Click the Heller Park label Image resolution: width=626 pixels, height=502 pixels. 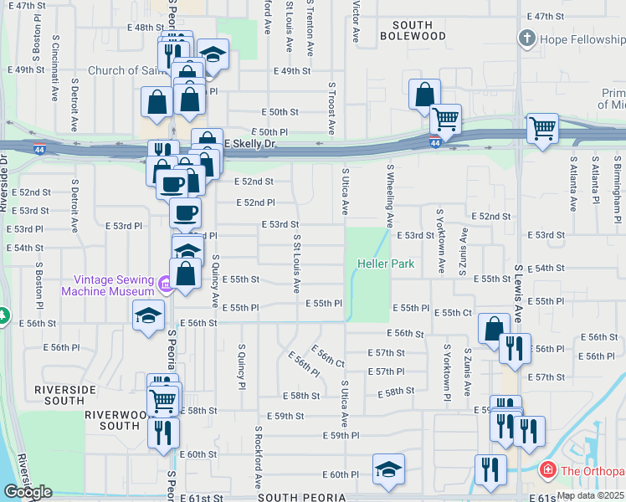pos(386,264)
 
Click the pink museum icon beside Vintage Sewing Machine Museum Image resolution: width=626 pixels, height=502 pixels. pos(165,285)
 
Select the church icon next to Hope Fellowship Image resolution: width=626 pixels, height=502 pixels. pos(526,38)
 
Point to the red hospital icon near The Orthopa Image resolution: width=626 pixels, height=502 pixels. pos(548,470)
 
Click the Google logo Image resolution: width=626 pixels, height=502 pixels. pos(28,492)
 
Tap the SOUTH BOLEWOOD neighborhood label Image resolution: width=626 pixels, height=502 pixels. pos(413,30)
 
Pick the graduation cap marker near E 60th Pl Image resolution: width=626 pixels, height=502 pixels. pos(388,469)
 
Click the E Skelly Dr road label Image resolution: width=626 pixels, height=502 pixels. pos(250,145)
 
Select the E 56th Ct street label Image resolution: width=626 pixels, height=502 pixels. pos(328,356)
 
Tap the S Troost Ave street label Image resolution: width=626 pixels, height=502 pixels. pos(331,109)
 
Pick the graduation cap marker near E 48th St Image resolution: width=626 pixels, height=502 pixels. pos(213,54)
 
